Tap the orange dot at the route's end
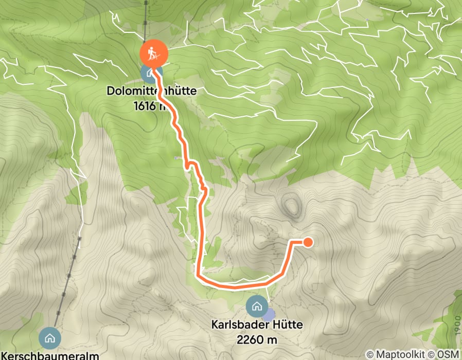click(x=308, y=242)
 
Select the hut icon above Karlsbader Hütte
click(x=256, y=307)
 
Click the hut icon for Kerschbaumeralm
click(x=50, y=338)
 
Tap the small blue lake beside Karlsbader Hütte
click(x=270, y=313)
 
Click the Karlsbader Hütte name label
click(x=257, y=325)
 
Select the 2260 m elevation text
click(x=257, y=339)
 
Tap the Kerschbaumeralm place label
click(x=50, y=354)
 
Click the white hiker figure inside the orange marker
click(x=153, y=53)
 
